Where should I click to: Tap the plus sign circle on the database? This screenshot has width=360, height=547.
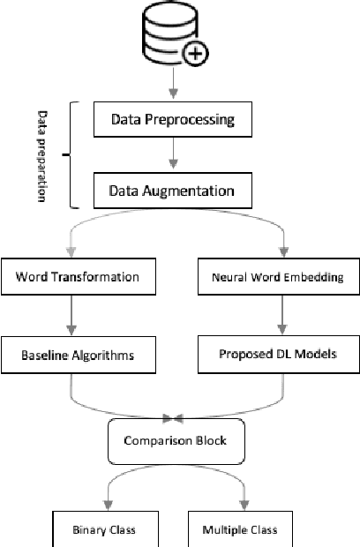[195, 54]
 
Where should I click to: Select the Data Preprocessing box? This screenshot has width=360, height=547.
[173, 118]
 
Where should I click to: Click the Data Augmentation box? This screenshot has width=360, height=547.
[173, 189]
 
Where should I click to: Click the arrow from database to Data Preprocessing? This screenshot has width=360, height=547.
[173, 86]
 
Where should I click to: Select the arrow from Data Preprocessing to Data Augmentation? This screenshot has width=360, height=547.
[173, 154]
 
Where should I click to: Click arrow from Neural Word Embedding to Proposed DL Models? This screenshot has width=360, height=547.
[283, 316]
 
